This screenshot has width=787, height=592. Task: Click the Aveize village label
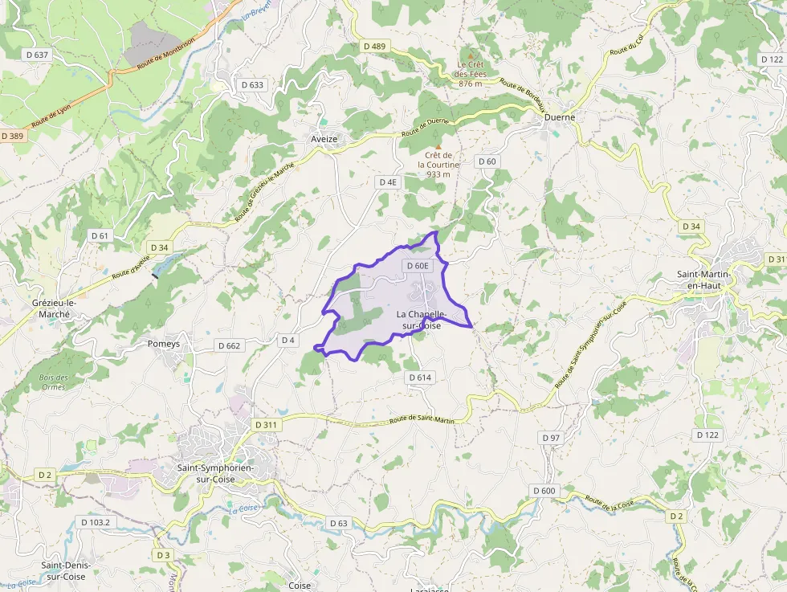point(324,139)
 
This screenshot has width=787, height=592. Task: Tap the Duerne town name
point(560,116)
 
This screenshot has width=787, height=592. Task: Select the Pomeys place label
point(164,344)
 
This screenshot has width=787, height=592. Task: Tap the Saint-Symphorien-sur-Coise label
point(214,473)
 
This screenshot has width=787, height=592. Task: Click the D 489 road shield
point(374,47)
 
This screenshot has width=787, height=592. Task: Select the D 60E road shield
point(418,266)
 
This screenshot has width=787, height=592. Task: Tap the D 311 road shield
point(265,424)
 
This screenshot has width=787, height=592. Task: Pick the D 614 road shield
point(420,378)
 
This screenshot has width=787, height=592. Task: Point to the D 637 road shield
point(36,55)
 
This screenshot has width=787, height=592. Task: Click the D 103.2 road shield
point(96,522)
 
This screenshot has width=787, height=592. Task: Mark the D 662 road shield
point(229,346)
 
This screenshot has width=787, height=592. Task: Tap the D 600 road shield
point(544,491)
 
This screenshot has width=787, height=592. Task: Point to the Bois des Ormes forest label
point(53,382)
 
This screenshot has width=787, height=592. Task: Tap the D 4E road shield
point(388,182)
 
